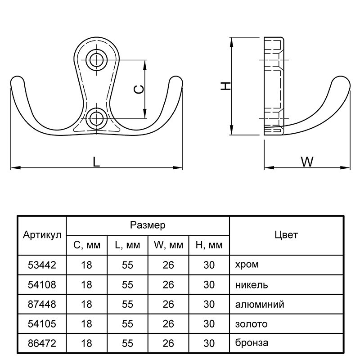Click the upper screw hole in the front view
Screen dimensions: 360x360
coord(96,60)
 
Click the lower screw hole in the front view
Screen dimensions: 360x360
coord(96,118)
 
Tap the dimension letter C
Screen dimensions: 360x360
coord(140,89)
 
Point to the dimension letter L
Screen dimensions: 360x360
coord(96,162)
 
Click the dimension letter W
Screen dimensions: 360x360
coord(307,162)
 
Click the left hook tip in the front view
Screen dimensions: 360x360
coord(17,82)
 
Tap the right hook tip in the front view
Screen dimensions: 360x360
coord(175,82)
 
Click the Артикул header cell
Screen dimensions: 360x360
coord(42,236)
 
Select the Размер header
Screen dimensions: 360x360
coord(148,225)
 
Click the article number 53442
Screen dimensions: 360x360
coord(42,265)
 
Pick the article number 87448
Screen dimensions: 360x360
coord(42,304)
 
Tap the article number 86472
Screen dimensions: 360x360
coord(42,343)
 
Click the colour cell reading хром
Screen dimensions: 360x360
coord(247,265)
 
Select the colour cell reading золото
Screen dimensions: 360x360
coord(251,324)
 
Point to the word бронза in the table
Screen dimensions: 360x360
coord(252,343)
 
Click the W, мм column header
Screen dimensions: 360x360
coord(168,246)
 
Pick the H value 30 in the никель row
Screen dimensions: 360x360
coord(209,284)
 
